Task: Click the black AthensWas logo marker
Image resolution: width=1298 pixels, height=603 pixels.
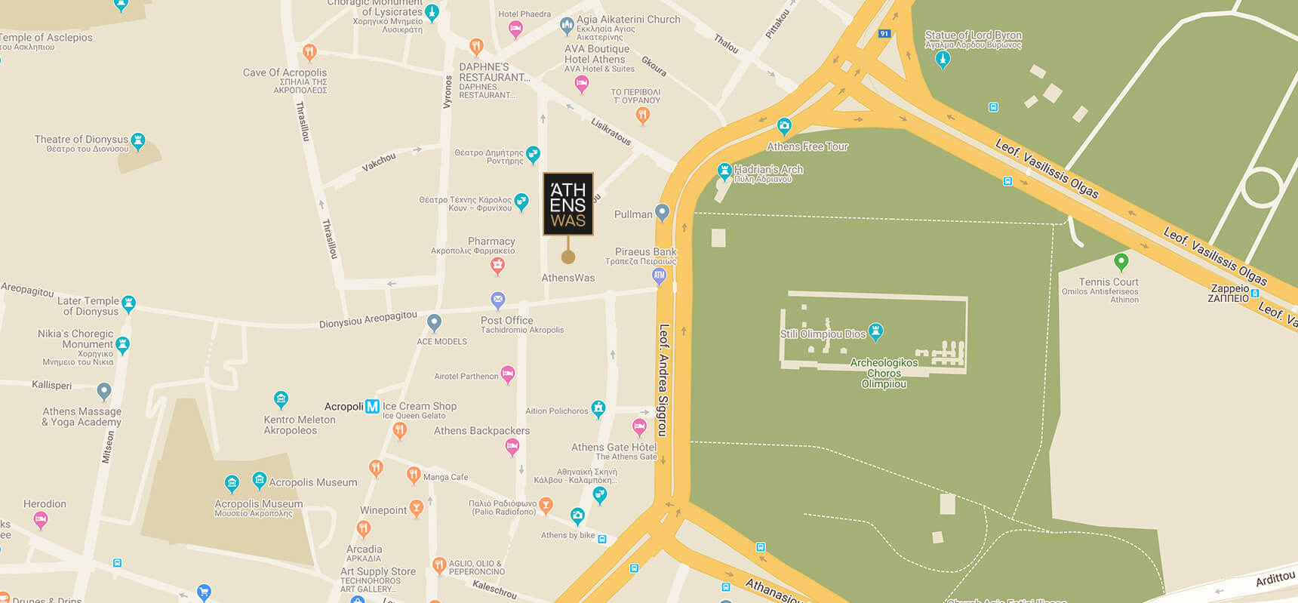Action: tap(568, 204)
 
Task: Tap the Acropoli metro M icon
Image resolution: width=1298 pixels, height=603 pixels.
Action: tap(372, 406)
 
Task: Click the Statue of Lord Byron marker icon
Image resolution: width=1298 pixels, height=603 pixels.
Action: tap(942, 59)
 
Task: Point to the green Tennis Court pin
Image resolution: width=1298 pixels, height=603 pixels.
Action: tap(1121, 261)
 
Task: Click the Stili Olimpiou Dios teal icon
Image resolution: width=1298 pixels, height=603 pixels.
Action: tap(875, 331)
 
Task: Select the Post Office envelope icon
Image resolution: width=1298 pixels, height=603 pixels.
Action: tap(498, 300)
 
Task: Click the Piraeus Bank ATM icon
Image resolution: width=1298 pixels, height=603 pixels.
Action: tap(659, 275)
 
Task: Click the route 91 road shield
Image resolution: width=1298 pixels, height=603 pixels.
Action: tap(884, 34)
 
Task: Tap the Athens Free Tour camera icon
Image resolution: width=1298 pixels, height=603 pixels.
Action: tap(784, 125)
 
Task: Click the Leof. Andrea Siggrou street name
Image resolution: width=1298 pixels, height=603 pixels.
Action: tap(663, 380)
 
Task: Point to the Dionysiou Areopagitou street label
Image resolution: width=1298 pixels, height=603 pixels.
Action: tap(368, 319)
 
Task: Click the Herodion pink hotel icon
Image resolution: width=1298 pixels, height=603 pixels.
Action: tap(41, 518)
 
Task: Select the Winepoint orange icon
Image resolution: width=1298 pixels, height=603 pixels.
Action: tap(416, 507)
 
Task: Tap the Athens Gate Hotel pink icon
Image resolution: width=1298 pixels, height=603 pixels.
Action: tap(639, 426)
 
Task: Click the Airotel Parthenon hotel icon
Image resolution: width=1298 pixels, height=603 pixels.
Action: tap(508, 373)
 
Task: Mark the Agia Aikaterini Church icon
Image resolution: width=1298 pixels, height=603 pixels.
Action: tap(567, 26)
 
